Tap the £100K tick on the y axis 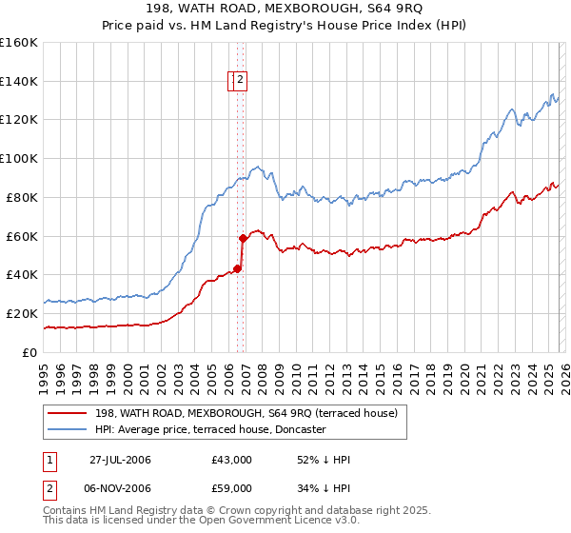point(19,158)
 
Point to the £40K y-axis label point(22,274)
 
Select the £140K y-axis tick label point(19,81)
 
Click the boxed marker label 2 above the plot point(241,81)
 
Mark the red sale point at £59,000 point(244,238)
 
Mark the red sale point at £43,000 point(238,268)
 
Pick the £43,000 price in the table point(232,460)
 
